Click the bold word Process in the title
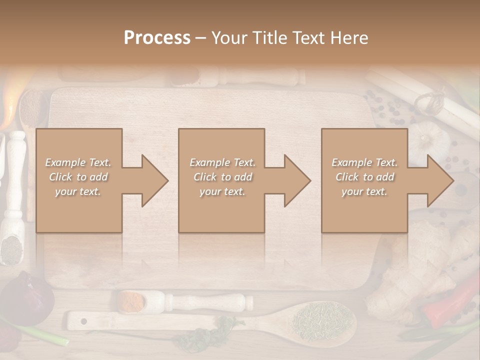point(157,38)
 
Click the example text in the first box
point(78,177)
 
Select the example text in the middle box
point(222,177)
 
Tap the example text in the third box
point(364,177)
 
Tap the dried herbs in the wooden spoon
point(322,317)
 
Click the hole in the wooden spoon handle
point(83,320)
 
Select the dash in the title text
point(200,38)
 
